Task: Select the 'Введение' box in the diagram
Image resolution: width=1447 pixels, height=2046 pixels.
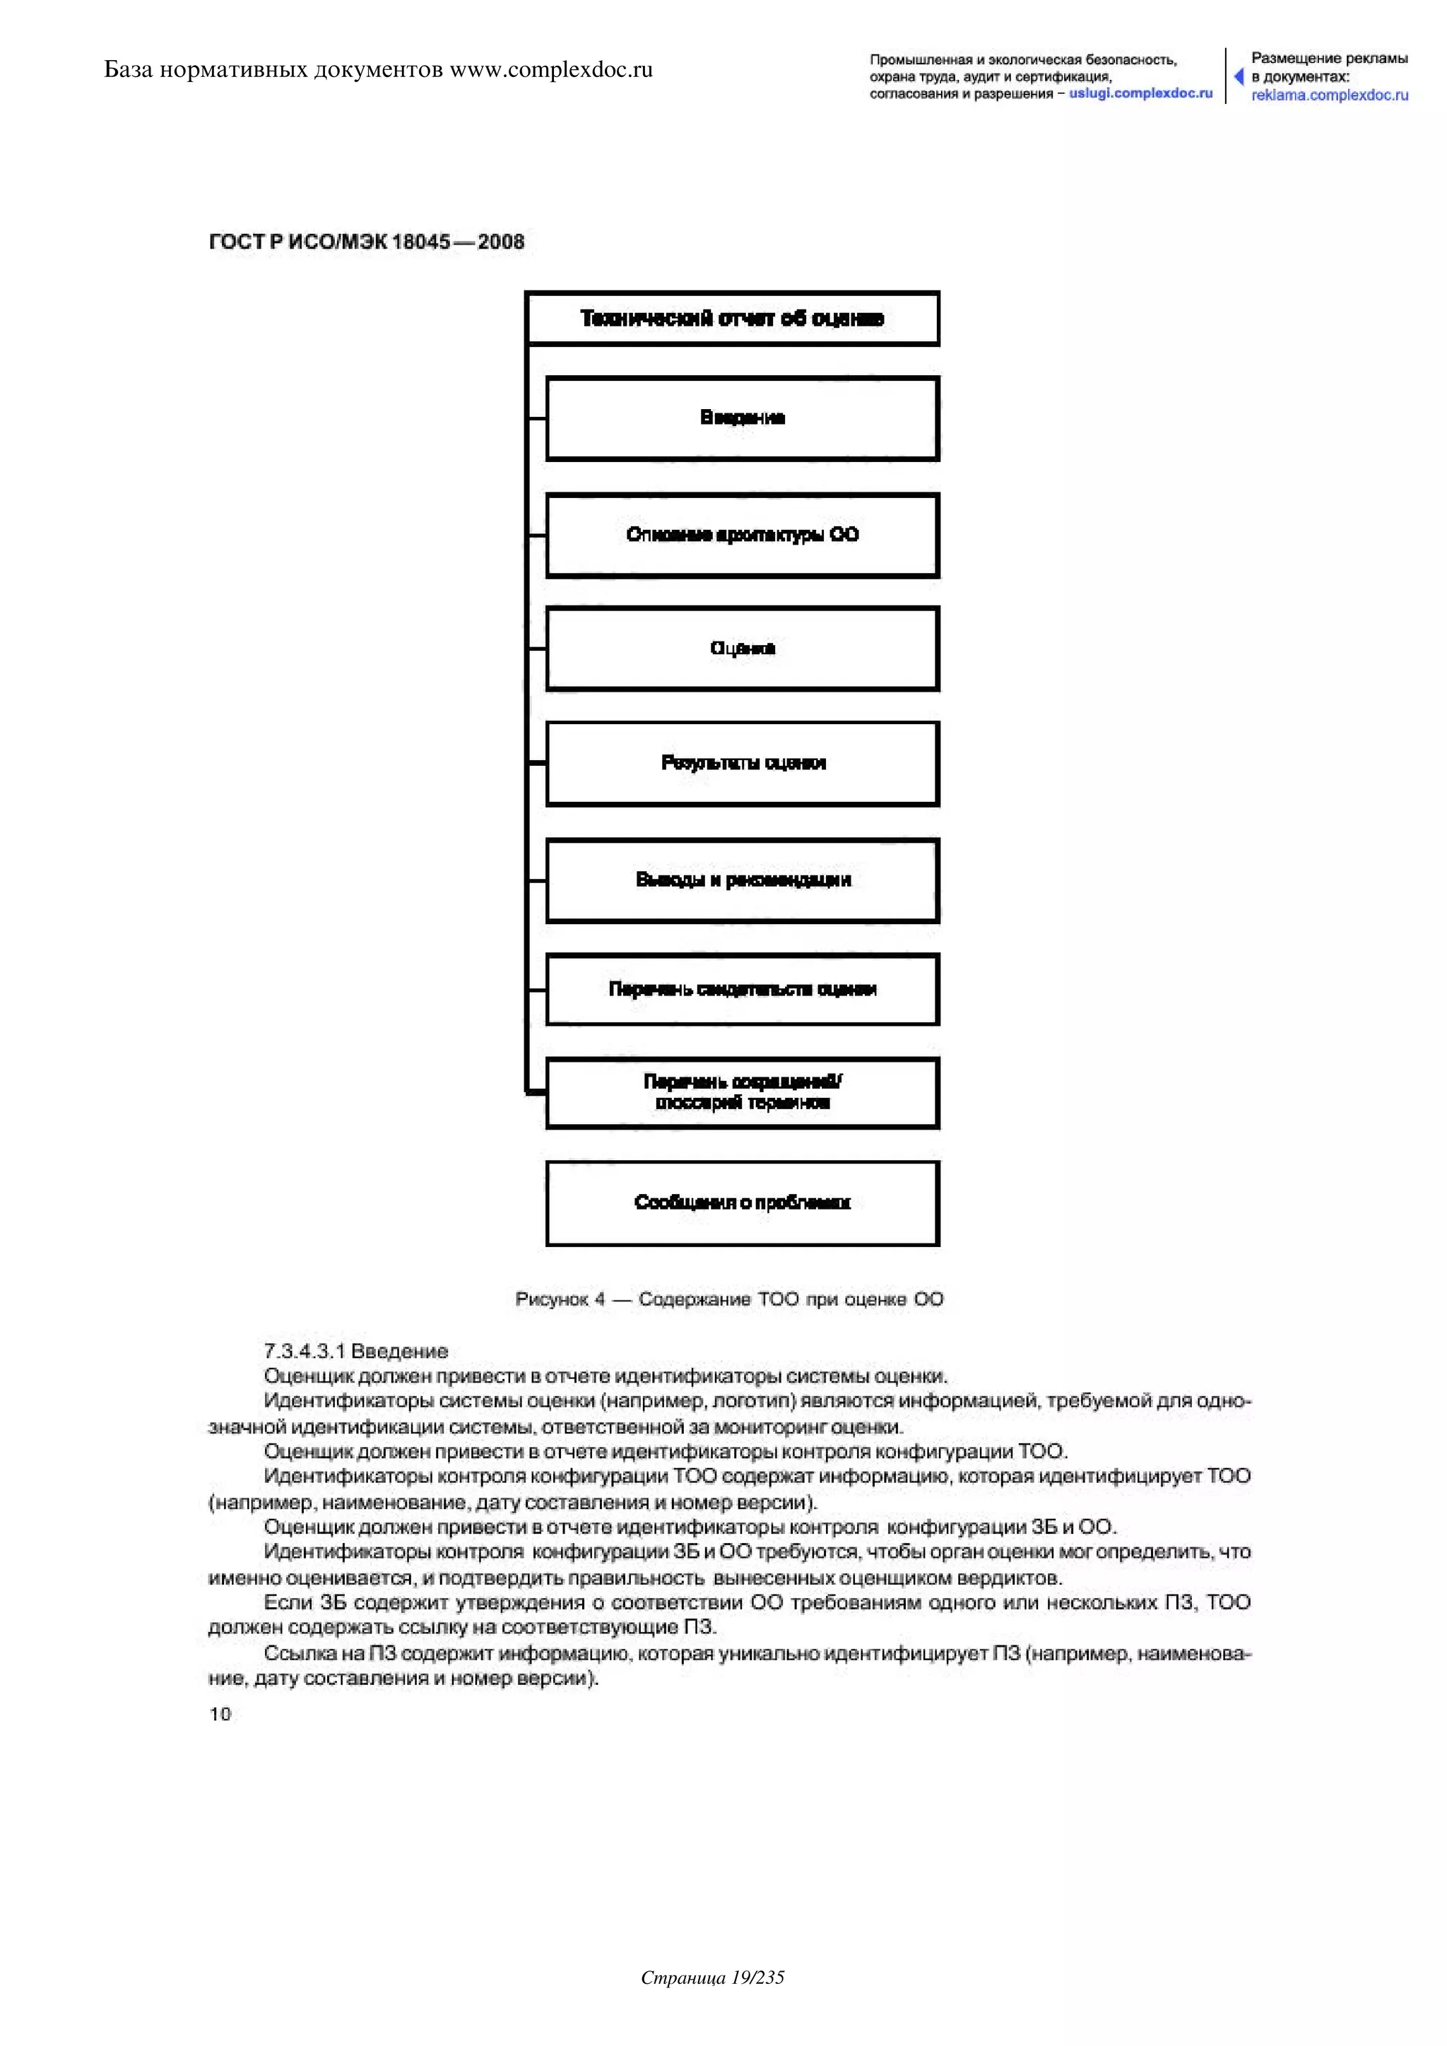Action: (742, 418)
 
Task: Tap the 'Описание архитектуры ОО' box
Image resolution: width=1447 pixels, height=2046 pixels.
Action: (742, 535)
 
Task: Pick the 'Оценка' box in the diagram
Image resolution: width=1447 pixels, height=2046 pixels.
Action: (742, 649)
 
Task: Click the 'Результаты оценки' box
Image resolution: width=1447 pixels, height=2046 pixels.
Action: (742, 763)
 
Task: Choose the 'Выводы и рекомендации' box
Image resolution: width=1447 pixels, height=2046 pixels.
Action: (742, 880)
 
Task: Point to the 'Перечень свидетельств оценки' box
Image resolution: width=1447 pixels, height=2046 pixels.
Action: (742, 989)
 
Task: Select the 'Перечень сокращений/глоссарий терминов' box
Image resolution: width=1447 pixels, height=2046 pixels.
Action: (742, 1092)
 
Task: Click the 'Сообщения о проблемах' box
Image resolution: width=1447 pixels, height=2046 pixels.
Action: (742, 1203)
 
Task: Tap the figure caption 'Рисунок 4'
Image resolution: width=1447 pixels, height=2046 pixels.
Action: (560, 1299)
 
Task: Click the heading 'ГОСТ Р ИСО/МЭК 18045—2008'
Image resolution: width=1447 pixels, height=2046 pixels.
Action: (366, 242)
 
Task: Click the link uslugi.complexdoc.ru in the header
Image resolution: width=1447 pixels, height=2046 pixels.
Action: (1140, 93)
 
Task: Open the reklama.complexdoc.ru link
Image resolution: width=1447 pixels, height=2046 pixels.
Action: (1330, 95)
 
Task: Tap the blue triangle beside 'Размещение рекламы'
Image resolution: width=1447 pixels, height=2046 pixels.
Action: (1239, 76)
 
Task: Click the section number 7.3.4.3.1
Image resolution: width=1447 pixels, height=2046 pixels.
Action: (304, 1351)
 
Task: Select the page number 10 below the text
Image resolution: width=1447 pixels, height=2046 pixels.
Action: (220, 1714)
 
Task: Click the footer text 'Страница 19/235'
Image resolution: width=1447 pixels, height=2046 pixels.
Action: (713, 1977)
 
